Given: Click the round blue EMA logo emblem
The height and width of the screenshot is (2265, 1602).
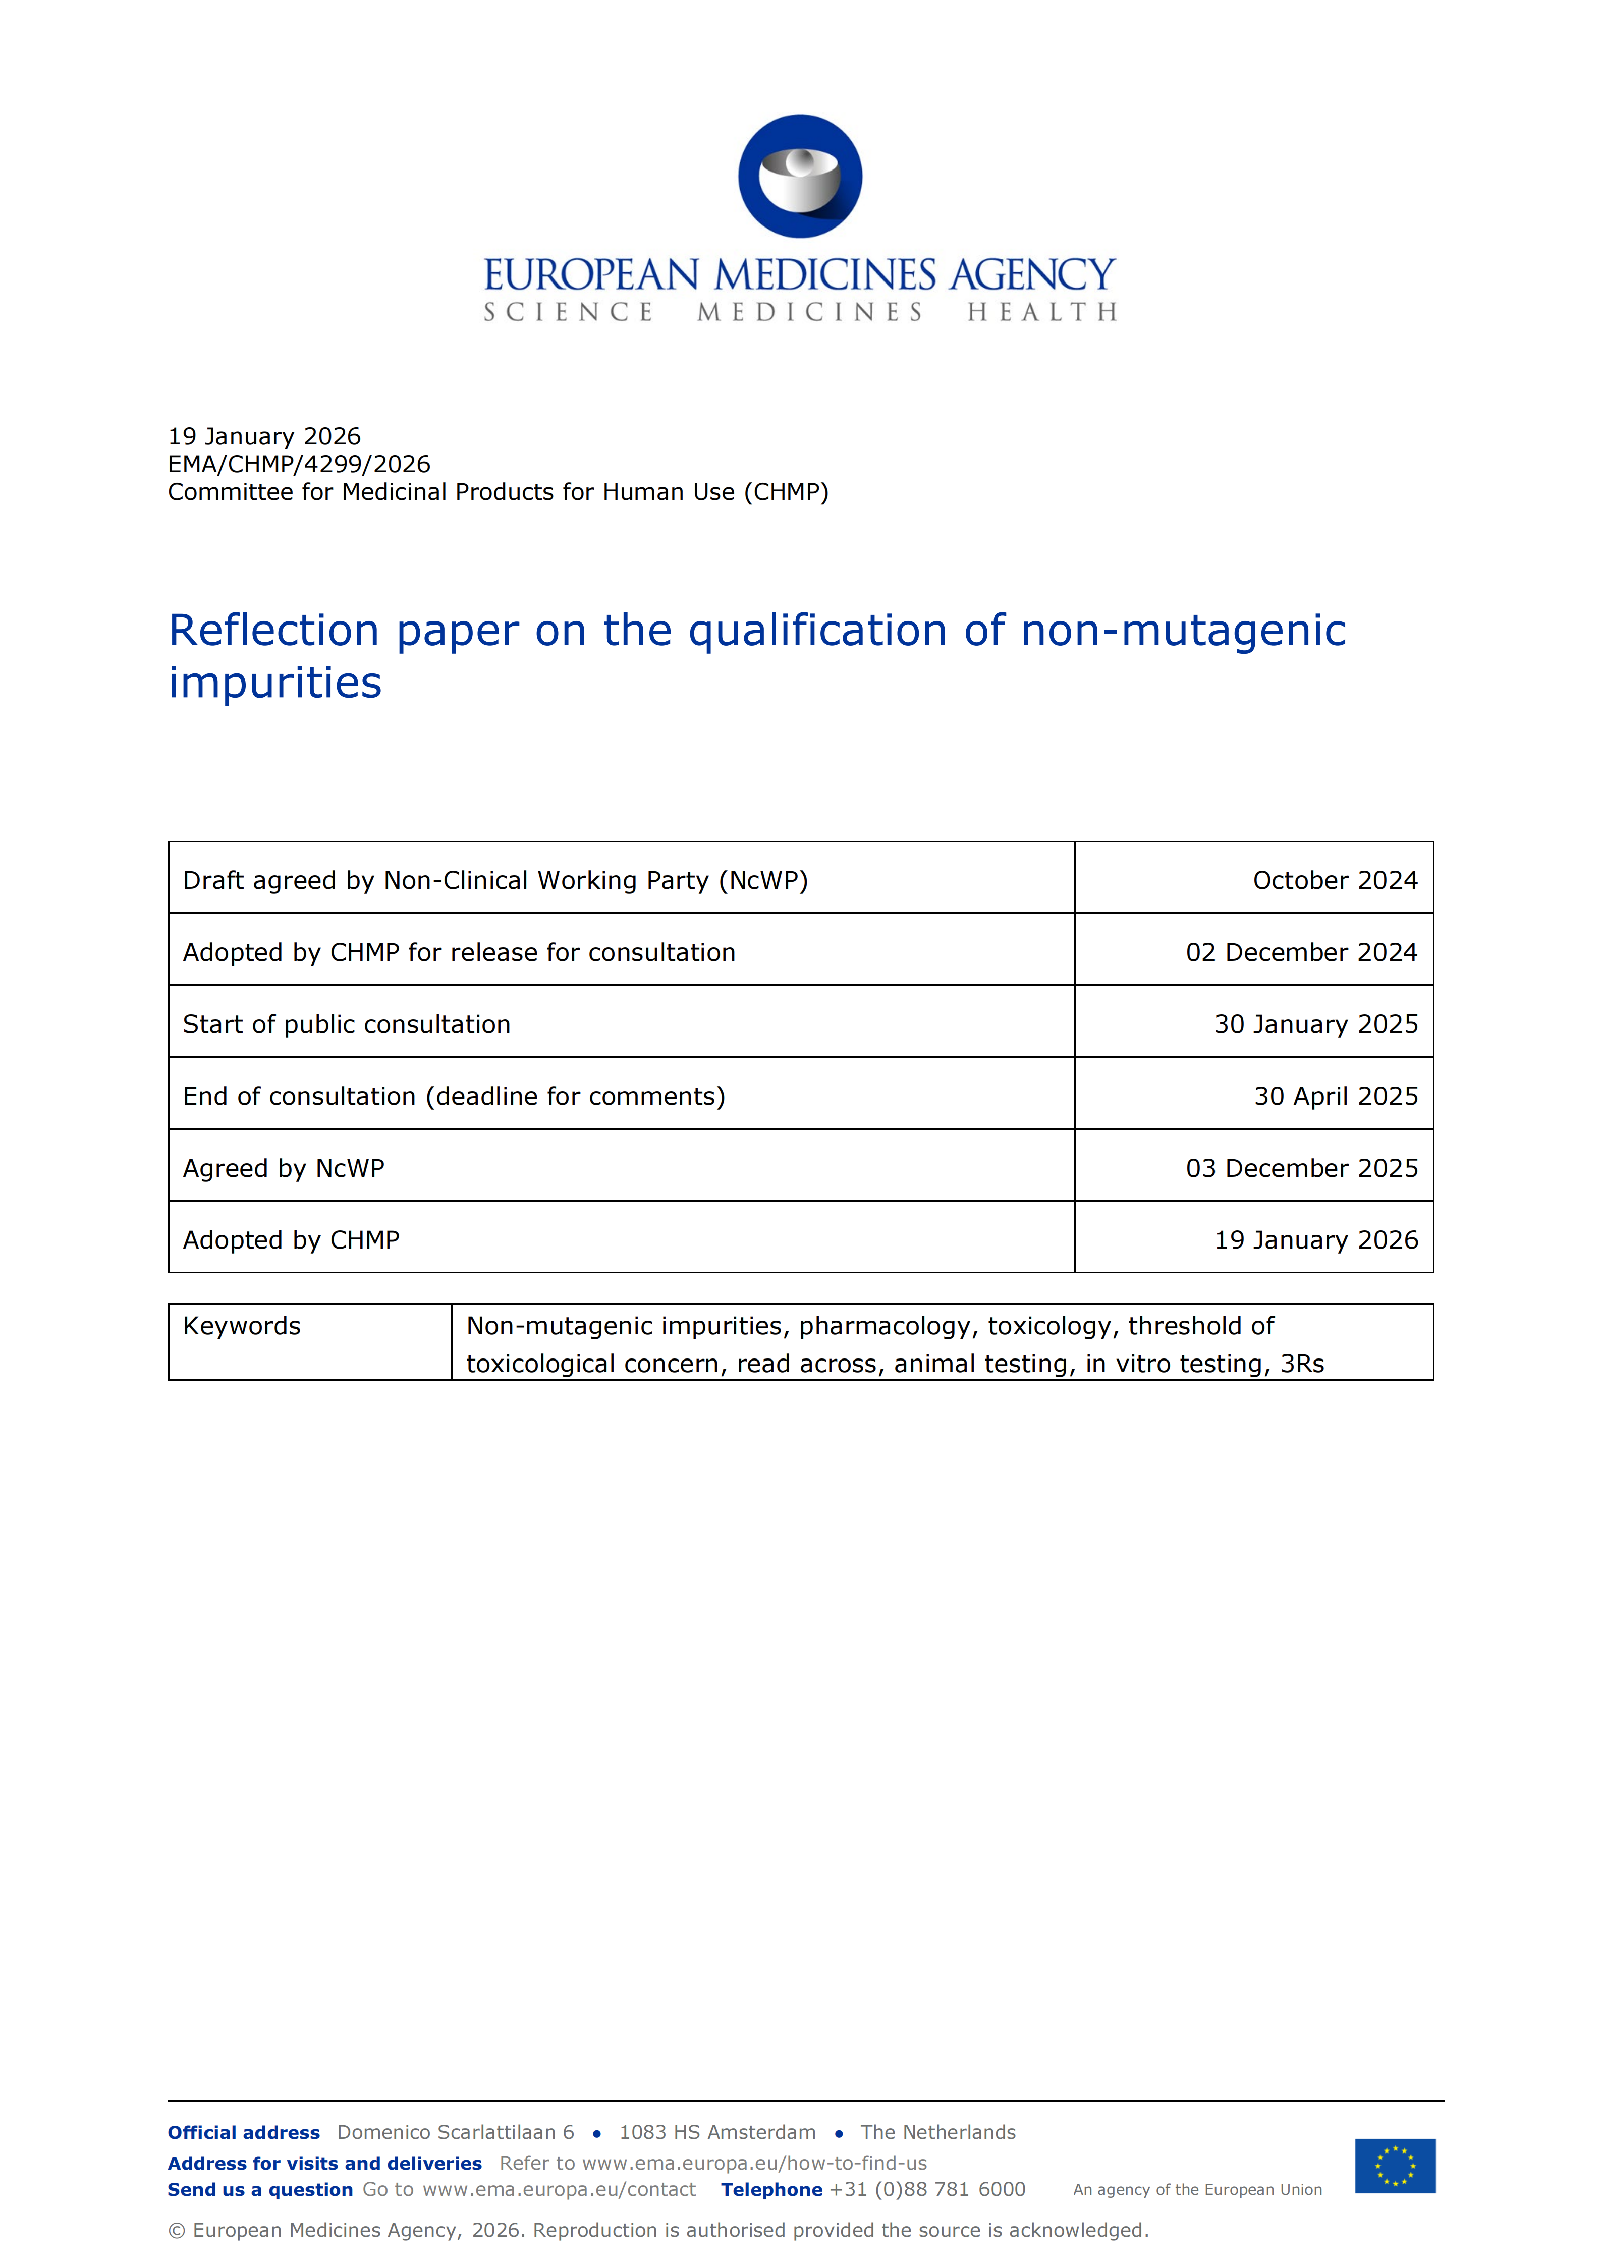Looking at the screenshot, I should (800, 177).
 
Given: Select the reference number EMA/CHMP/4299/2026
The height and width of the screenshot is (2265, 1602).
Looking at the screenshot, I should (299, 465).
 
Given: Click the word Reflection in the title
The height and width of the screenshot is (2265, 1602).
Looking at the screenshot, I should (274, 631).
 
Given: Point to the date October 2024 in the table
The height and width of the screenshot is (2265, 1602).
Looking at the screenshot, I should (1335, 880).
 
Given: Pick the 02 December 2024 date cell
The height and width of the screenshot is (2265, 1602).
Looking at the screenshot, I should (1301, 952).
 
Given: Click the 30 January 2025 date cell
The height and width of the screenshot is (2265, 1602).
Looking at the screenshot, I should (1316, 1024).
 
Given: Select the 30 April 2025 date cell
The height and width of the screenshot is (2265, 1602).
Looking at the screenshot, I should (1336, 1096).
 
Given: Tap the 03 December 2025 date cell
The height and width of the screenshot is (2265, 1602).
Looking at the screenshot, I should (1301, 1168).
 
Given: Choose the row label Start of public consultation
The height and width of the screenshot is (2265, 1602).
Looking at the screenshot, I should (346, 1024).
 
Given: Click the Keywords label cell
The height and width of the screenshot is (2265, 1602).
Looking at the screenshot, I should (242, 1326).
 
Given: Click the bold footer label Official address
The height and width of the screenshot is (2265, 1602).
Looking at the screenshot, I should (244, 2133).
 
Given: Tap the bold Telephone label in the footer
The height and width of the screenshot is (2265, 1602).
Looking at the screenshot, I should (771, 2190).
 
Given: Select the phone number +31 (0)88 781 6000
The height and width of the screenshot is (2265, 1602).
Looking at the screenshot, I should (927, 2190).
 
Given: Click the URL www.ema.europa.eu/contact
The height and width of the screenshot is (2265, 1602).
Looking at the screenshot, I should (560, 2190).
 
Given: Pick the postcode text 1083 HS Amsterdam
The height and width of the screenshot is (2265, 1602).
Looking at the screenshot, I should (717, 2133).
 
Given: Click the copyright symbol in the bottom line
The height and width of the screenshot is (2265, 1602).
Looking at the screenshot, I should (177, 2231).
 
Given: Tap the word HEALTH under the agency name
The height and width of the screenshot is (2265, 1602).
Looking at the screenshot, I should (1042, 313).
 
